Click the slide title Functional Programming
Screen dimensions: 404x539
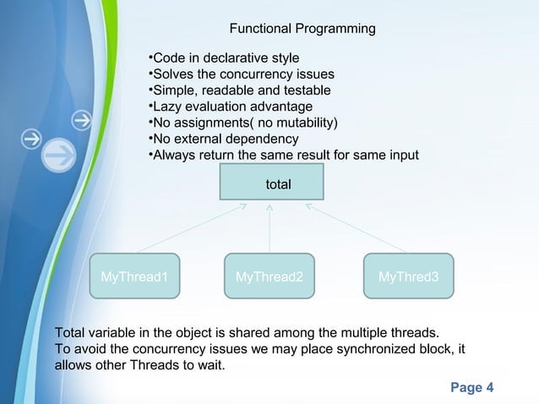coord(302,30)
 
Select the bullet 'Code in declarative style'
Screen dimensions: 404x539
coord(223,58)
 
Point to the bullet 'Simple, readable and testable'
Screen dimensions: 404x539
coord(239,90)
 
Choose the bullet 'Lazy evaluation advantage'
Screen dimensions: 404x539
coord(230,106)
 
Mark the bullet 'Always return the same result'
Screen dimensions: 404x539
coord(283,156)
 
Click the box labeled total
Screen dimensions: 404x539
coord(271,183)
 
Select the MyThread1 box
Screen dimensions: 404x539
coord(134,276)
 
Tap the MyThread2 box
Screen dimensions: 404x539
coord(269,276)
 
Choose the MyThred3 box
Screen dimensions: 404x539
coord(408,276)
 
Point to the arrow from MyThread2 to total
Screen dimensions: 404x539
coord(269,227)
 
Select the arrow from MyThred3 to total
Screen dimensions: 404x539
coord(356,227)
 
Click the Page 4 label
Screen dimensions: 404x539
coord(472,388)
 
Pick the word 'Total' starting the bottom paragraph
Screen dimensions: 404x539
coord(69,332)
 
